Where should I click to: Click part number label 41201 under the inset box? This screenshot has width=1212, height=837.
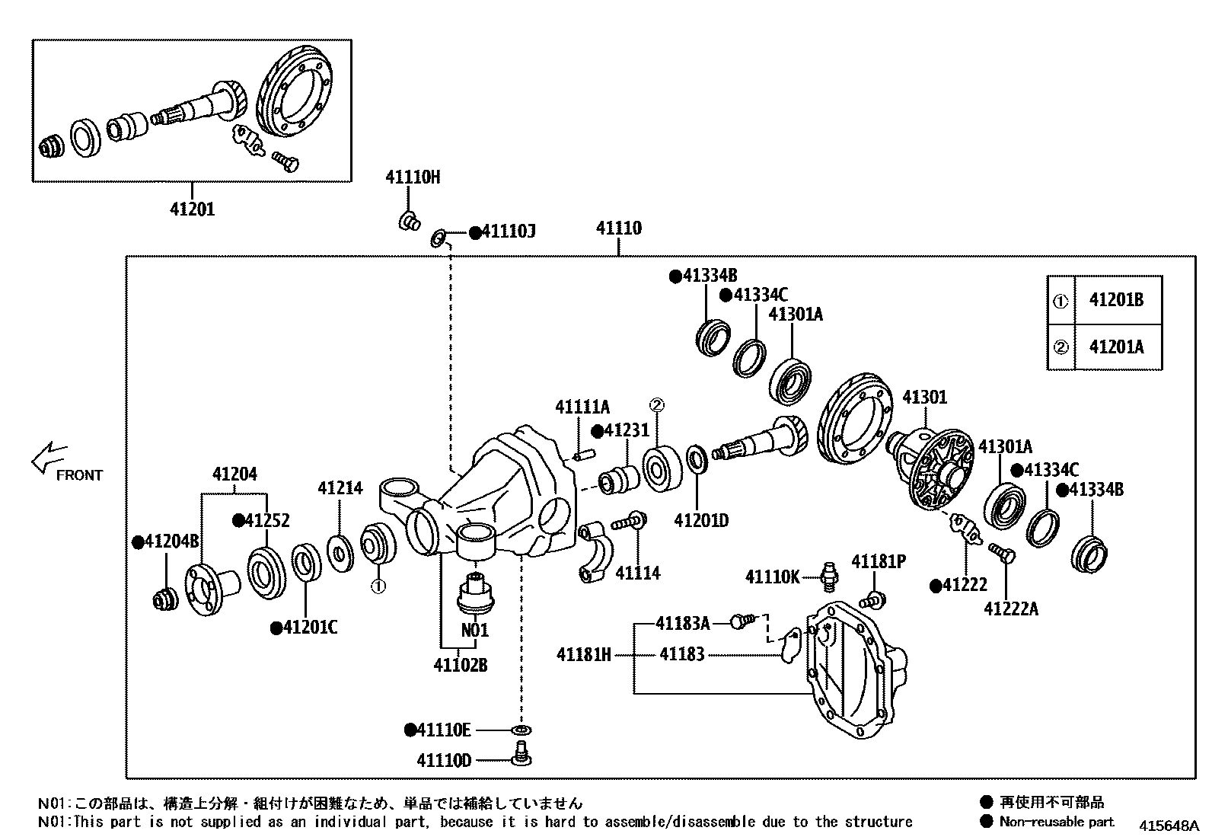[192, 209]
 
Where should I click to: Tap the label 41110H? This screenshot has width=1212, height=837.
[413, 177]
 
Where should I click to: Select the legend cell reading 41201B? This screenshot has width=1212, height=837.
[1116, 299]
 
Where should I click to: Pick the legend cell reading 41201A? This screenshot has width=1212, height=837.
[1116, 347]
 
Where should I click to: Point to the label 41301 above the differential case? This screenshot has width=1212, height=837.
[924, 398]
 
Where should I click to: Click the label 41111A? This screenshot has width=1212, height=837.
[582, 407]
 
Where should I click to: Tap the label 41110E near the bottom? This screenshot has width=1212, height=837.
[443, 730]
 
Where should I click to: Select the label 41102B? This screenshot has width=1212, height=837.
[460, 665]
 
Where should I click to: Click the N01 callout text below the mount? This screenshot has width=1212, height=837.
[475, 631]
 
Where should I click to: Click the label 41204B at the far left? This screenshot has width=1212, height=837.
[171, 541]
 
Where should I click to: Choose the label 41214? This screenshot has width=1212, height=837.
[340, 488]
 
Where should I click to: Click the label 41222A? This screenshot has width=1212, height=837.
[1010, 609]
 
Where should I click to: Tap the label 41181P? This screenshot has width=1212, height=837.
[878, 561]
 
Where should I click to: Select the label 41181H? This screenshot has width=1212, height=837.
[583, 654]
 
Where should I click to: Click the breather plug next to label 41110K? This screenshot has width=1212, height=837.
[828, 577]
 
